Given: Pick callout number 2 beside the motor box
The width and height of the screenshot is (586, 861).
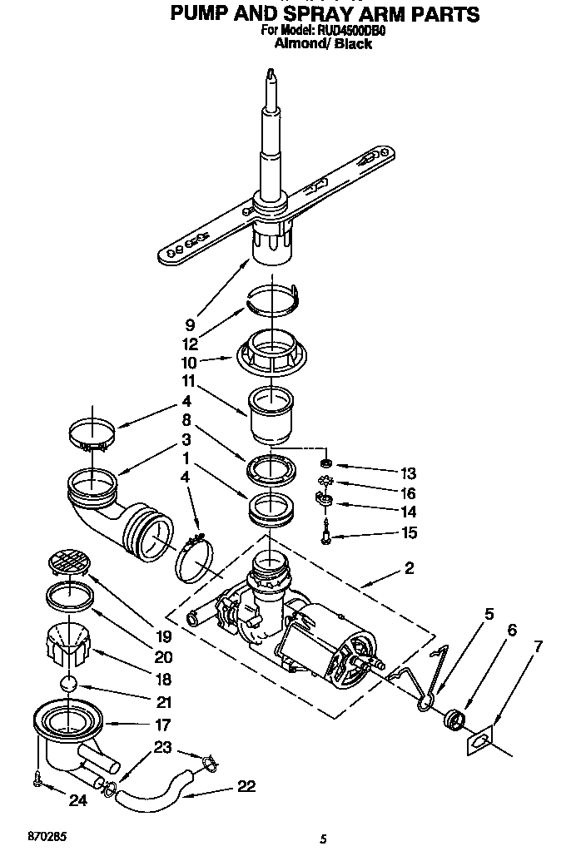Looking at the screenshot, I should tap(408, 569).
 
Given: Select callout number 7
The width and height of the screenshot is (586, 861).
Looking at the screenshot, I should tap(538, 645).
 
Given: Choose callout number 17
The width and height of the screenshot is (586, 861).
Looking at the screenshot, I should tap(162, 724).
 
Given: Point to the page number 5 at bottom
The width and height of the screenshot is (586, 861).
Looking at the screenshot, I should tap(321, 839).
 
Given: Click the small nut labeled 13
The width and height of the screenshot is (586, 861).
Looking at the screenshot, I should tap(327, 463).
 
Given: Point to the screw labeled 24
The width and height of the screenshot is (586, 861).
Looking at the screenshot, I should tap(38, 778).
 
